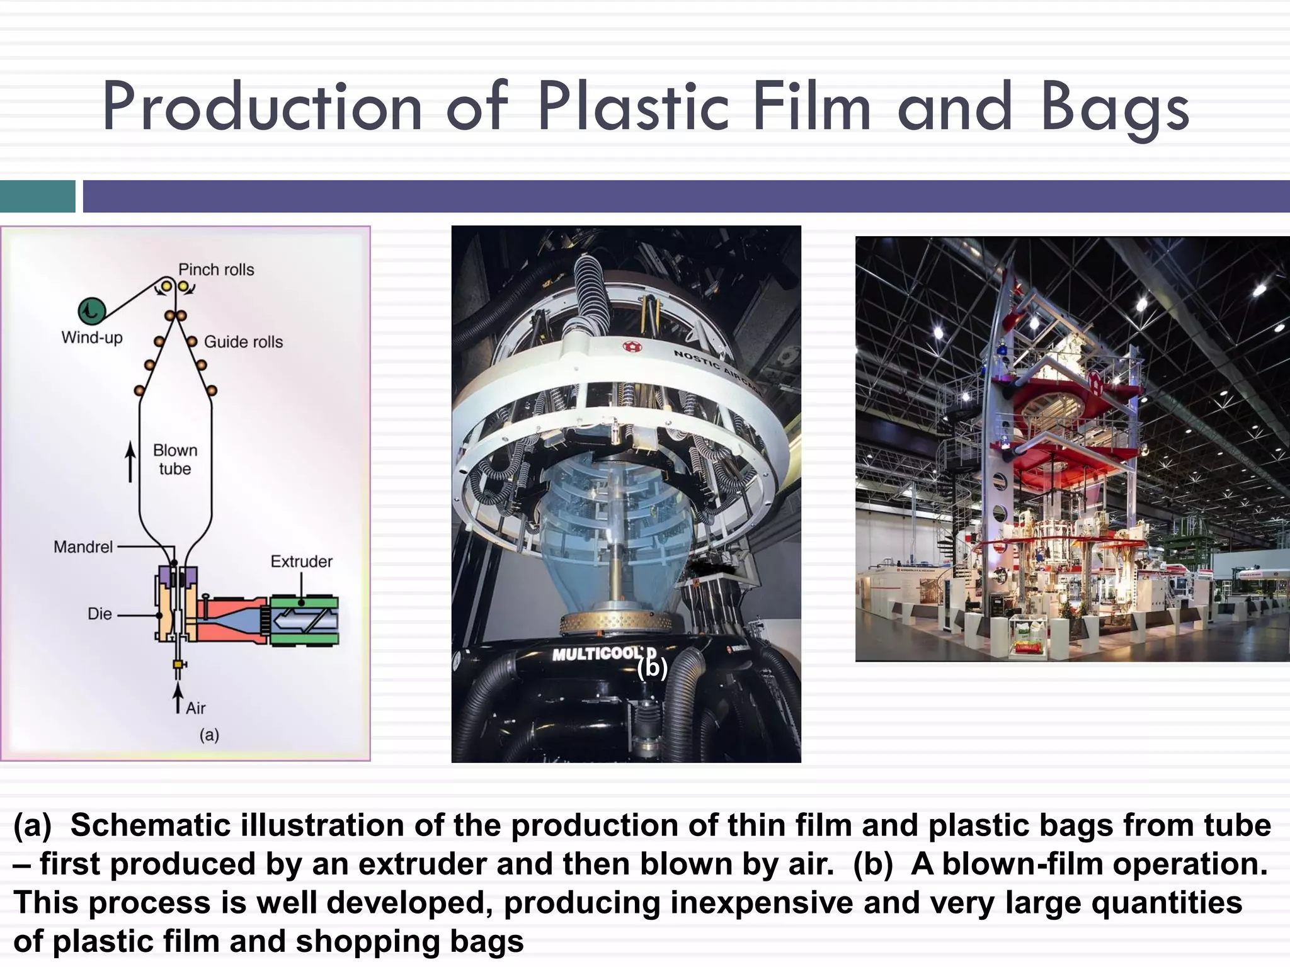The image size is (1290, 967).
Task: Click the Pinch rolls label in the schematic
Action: click(216, 269)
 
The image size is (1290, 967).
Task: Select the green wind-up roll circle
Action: click(92, 310)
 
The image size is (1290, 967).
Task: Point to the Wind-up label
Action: click(92, 337)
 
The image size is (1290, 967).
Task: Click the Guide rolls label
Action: click(243, 342)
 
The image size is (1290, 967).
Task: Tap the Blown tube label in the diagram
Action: click(175, 460)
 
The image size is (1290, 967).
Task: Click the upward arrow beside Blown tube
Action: click(130, 461)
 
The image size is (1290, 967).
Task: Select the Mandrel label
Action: click(83, 546)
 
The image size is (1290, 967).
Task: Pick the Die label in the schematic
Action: click(100, 614)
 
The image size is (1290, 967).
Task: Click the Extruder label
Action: click(301, 562)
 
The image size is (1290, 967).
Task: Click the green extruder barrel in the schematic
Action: click(305, 621)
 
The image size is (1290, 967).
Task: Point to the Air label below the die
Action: click(195, 708)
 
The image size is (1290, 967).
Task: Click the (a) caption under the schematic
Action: click(209, 735)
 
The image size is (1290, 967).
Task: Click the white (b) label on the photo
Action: click(652, 667)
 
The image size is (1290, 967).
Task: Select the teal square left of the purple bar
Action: click(37, 196)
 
